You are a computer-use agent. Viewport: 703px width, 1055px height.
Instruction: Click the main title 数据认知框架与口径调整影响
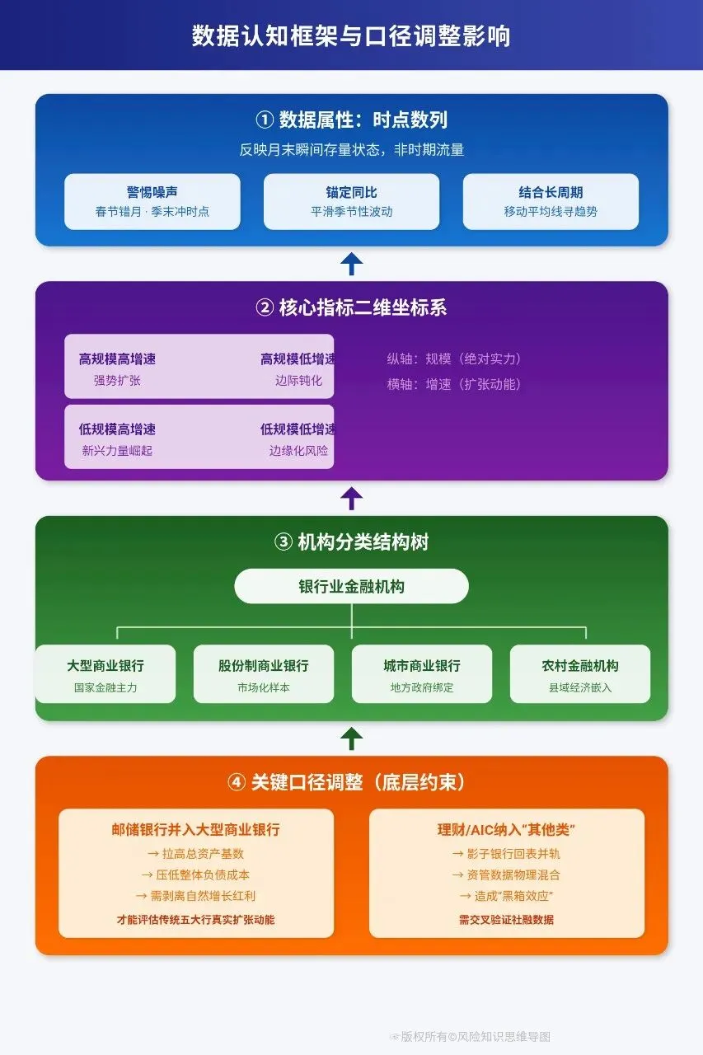click(x=351, y=36)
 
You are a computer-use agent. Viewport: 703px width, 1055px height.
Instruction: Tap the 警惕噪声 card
click(x=152, y=201)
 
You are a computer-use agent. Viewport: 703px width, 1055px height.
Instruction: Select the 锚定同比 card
click(x=351, y=201)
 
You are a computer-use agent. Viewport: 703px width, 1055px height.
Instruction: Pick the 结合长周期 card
click(x=551, y=201)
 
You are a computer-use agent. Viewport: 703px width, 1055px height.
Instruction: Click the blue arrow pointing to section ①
click(x=352, y=264)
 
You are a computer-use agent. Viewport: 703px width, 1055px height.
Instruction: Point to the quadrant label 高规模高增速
click(x=117, y=359)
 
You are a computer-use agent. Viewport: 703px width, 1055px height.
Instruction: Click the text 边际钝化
click(x=298, y=381)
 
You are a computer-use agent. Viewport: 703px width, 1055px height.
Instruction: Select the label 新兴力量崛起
click(x=117, y=451)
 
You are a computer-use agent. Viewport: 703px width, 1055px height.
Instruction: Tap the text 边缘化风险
click(x=298, y=451)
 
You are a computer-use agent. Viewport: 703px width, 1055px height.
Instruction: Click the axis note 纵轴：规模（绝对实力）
click(x=454, y=359)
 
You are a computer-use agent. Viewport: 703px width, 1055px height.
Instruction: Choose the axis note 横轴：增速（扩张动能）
click(x=454, y=384)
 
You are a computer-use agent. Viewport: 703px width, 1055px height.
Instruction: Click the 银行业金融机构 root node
click(x=351, y=587)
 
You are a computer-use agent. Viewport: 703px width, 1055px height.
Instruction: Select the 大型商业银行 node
click(x=105, y=673)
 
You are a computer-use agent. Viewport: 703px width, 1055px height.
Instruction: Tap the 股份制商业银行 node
click(x=264, y=673)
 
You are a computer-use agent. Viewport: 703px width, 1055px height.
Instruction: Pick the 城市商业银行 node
click(x=422, y=673)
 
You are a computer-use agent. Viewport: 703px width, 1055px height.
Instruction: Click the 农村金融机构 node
click(x=580, y=673)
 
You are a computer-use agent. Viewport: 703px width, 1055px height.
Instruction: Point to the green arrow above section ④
click(x=352, y=738)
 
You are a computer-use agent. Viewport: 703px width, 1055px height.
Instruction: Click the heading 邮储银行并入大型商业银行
click(x=196, y=830)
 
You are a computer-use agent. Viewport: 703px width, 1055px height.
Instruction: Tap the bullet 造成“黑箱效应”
click(x=506, y=896)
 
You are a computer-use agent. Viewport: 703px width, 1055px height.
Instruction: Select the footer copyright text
click(x=471, y=1036)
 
